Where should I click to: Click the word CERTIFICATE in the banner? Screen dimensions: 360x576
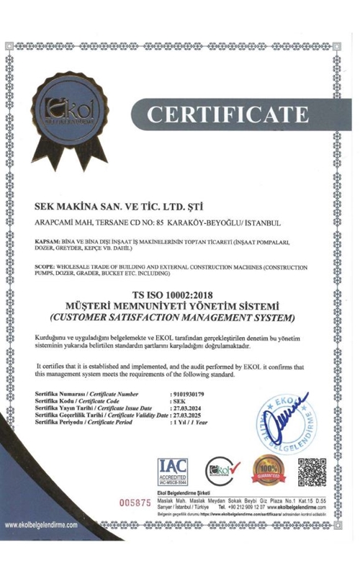(x=228, y=114)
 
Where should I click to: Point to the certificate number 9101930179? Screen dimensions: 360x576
(x=189, y=395)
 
